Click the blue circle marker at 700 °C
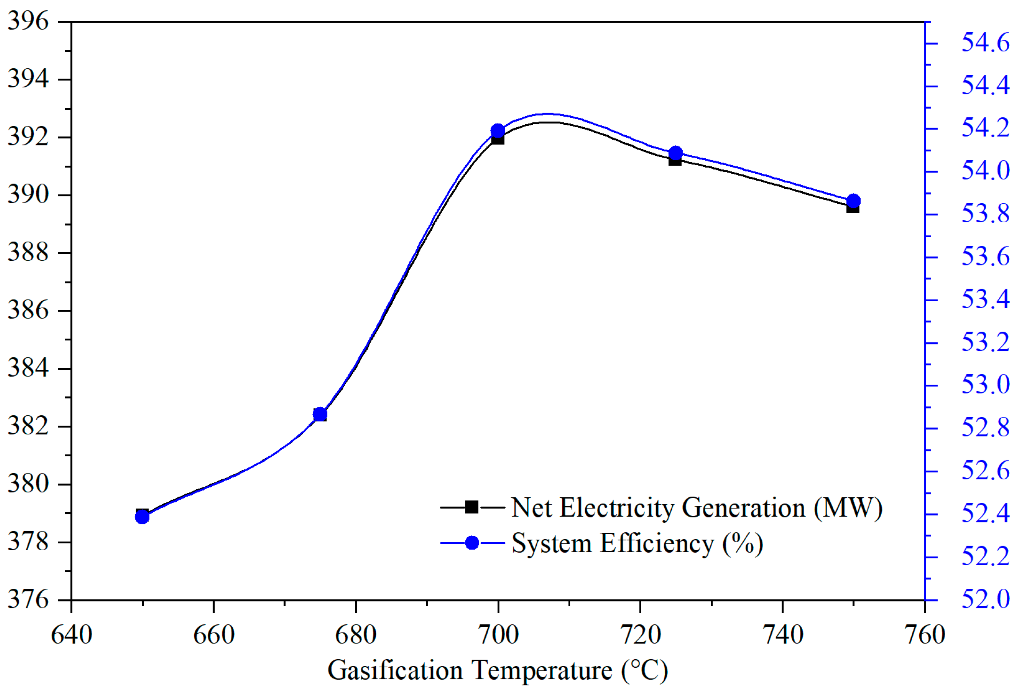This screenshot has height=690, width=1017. coord(498,131)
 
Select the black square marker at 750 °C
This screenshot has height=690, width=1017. coord(852,207)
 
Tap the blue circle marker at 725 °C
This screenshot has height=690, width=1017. coord(676,153)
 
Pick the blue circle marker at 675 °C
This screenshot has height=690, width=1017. coord(320,414)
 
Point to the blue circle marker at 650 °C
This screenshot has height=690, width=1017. coord(142,517)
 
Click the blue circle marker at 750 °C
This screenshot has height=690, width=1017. coord(854,201)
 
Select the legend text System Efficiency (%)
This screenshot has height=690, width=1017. coord(637,543)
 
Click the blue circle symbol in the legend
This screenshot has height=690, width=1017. coord(472,543)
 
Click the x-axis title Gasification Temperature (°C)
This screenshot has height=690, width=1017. coord(498,670)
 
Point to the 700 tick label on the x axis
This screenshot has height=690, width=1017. coord(498,635)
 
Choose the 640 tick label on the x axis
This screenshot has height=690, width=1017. coord(71,635)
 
